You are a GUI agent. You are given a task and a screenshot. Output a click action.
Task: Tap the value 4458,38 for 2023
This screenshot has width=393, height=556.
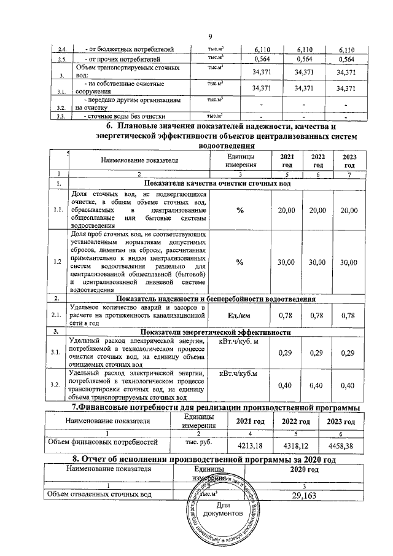341,444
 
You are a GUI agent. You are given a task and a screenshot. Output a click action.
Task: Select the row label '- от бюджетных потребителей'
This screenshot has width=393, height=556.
123,49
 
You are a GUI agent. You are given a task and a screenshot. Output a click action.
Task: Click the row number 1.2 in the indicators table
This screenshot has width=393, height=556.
57,262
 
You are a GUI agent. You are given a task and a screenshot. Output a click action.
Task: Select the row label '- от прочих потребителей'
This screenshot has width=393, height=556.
120,60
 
